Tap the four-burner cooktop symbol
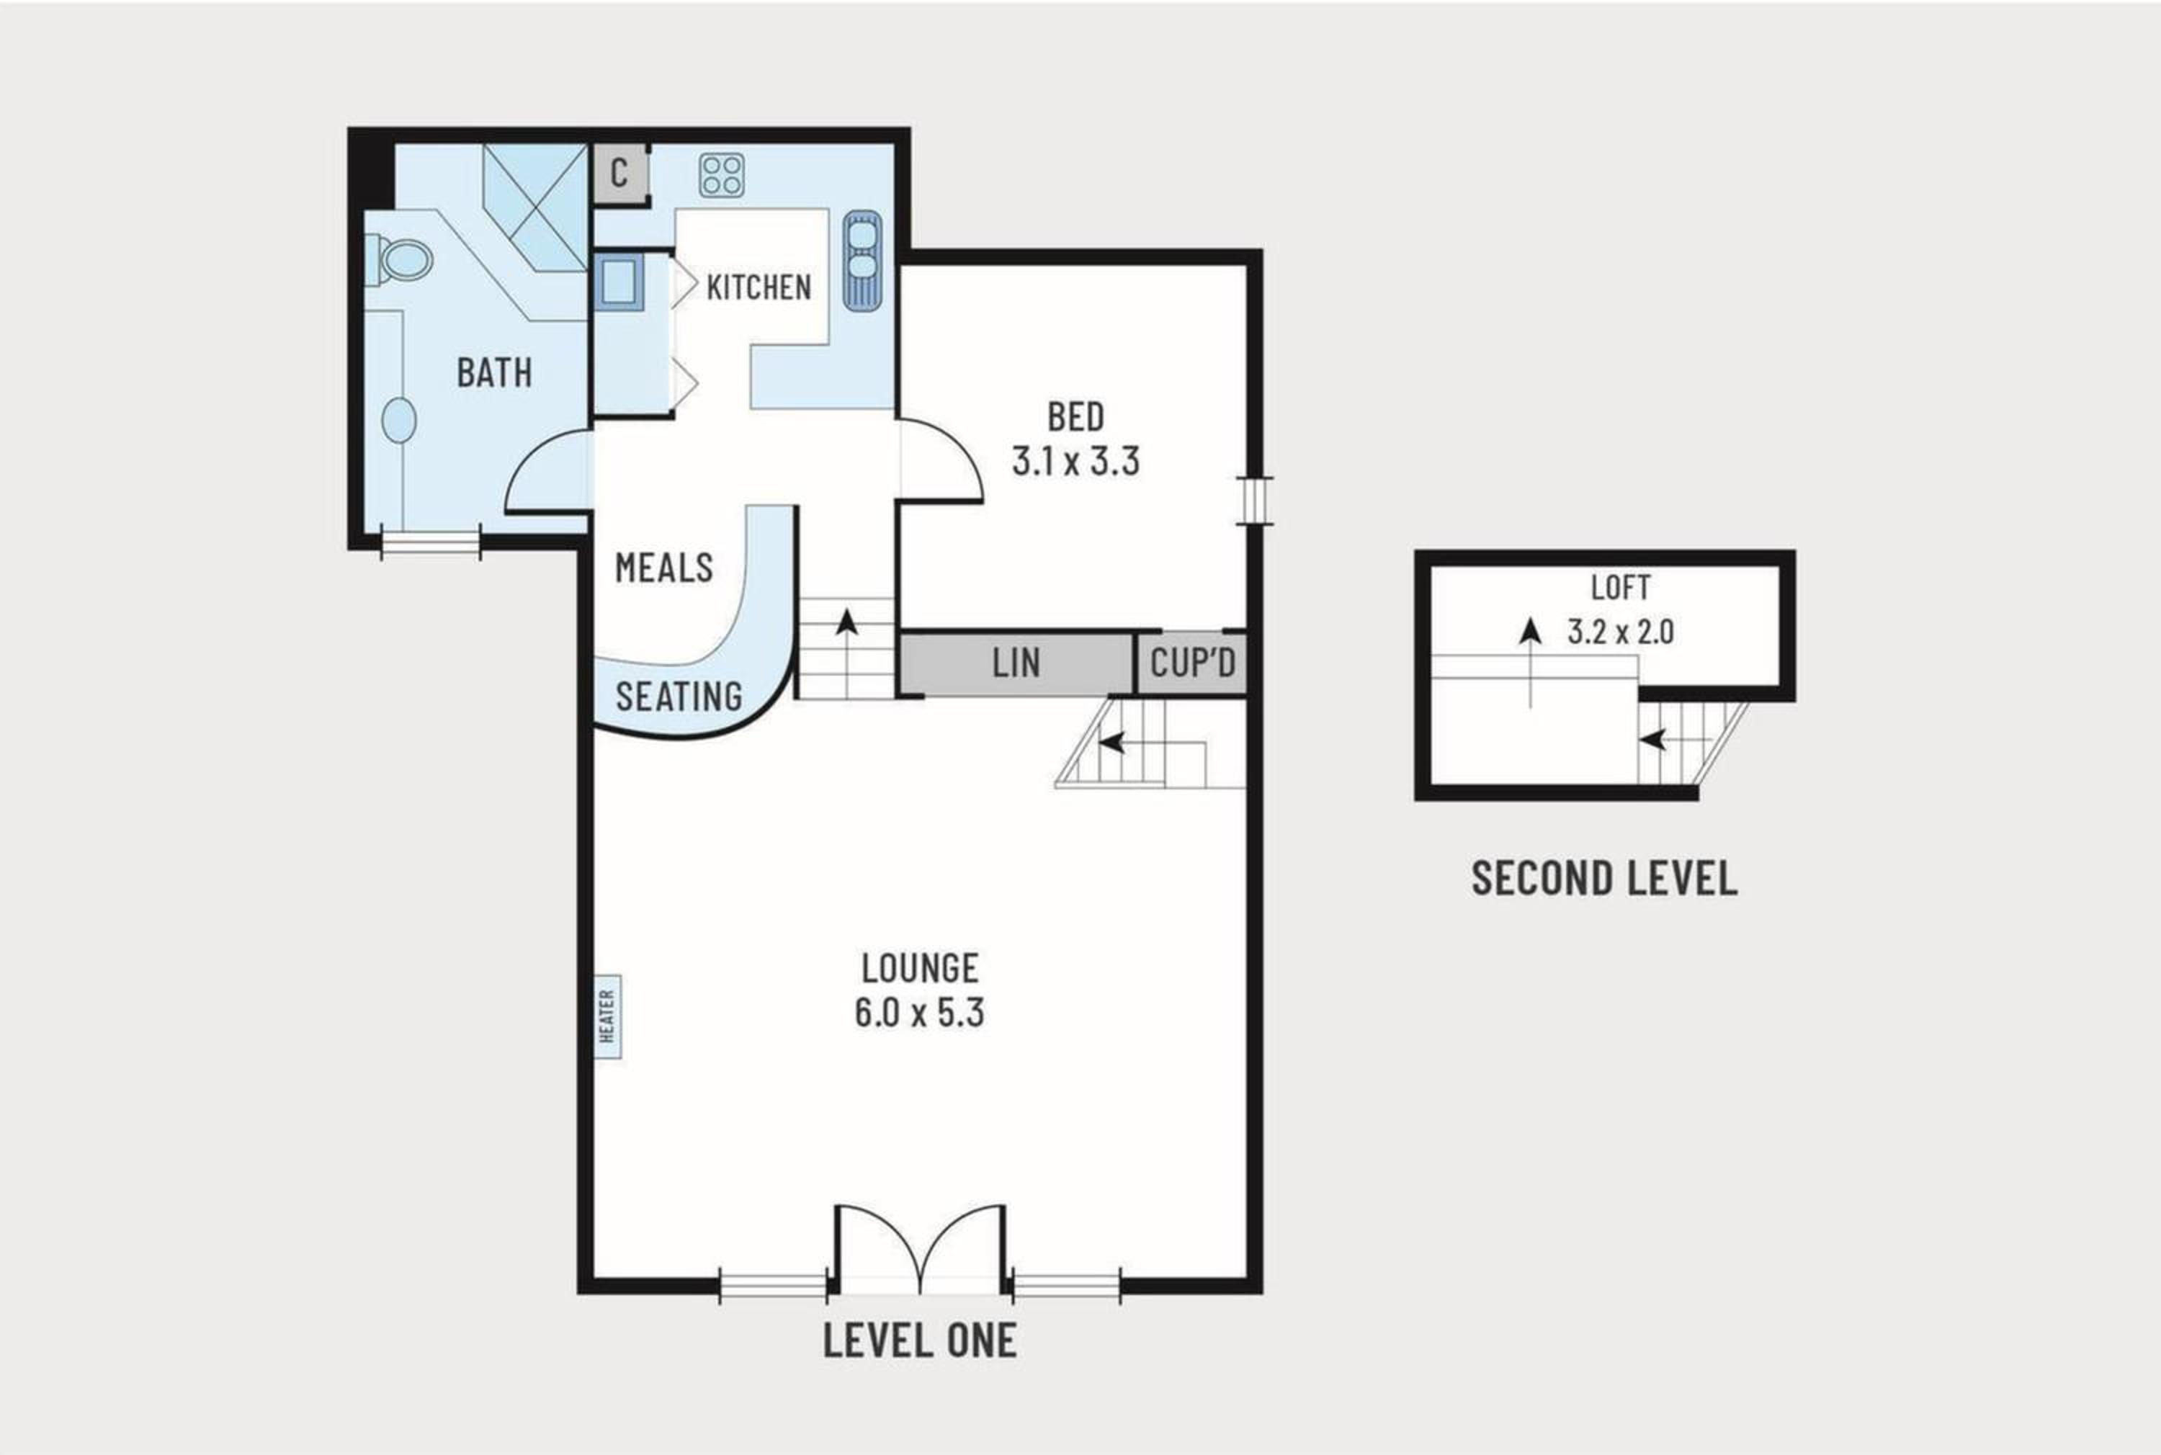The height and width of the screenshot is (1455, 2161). point(722,175)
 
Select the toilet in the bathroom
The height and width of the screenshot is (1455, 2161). point(399,260)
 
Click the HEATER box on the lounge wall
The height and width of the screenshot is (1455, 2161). point(608,1017)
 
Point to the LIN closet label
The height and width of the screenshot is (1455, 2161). point(1016,663)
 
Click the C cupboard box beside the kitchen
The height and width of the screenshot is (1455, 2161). point(619,173)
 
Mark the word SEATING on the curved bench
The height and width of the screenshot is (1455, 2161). point(679,696)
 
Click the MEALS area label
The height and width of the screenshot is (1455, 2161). point(664,567)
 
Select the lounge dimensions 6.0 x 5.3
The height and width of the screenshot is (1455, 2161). point(918,1012)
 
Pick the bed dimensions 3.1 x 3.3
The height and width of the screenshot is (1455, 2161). point(1075,461)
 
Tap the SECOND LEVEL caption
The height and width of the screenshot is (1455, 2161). point(1604,878)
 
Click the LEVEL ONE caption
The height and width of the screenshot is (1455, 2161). point(920,1340)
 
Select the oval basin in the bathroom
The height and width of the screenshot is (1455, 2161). point(399,421)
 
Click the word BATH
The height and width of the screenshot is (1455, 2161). point(495,373)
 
